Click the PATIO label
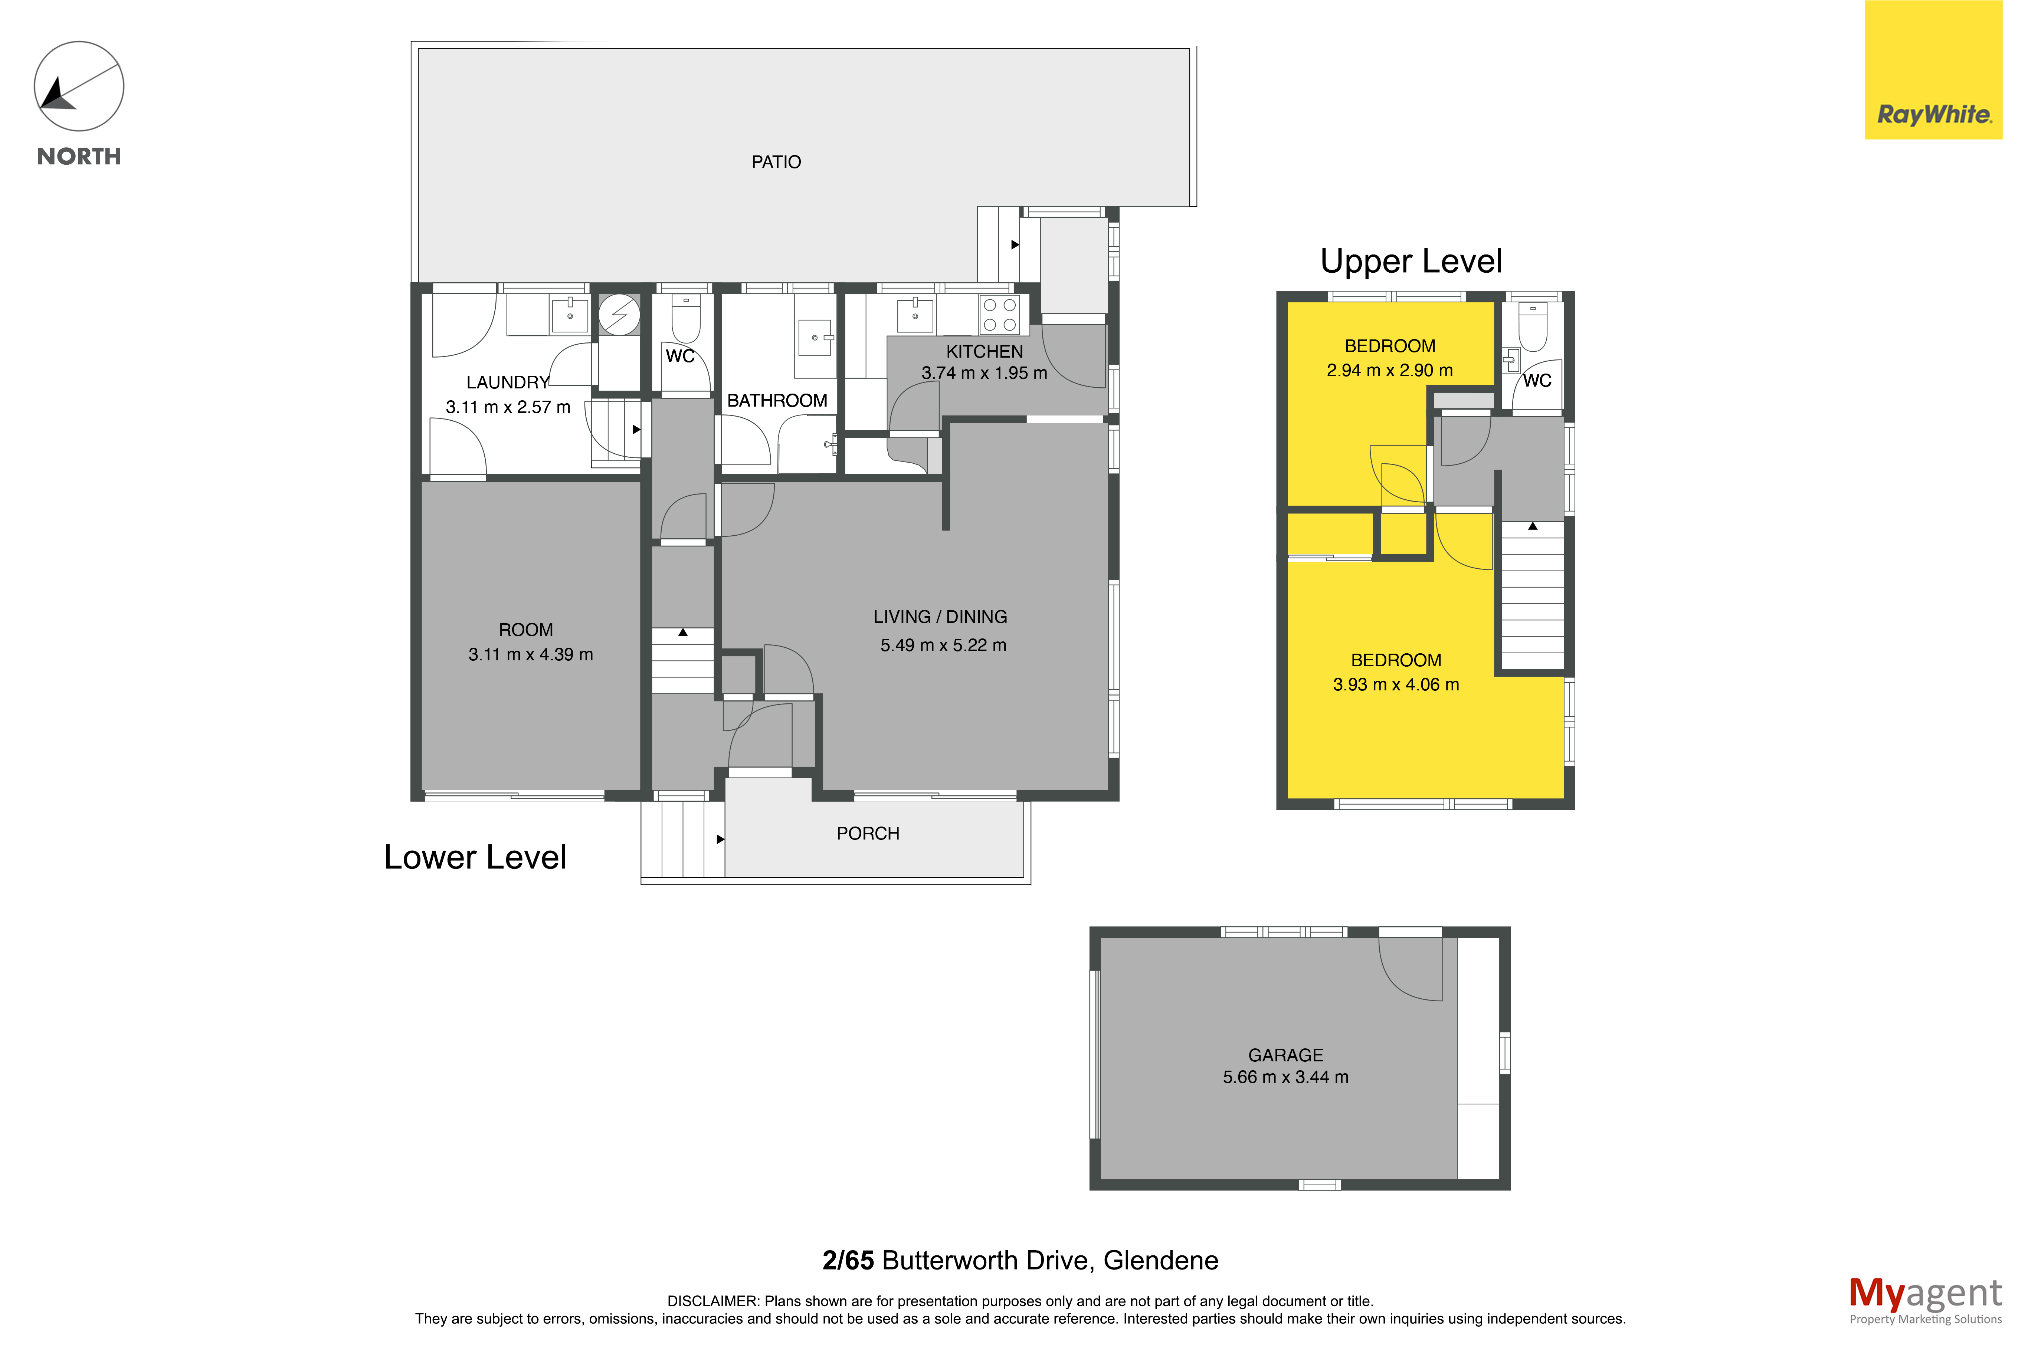tap(776, 162)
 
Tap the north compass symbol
tap(79, 87)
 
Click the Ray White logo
tap(1933, 69)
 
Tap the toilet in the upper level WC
tap(1533, 327)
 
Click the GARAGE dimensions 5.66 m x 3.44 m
tap(1285, 1077)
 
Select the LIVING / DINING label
tap(940, 617)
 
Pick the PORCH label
tap(867, 834)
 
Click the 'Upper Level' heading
tap(1411, 261)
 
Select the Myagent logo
tap(1926, 1299)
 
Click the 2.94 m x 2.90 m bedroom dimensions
tap(1390, 370)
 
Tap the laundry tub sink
tap(570, 314)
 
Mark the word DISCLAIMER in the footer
tap(712, 1301)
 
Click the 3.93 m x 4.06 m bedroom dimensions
tap(1396, 684)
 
